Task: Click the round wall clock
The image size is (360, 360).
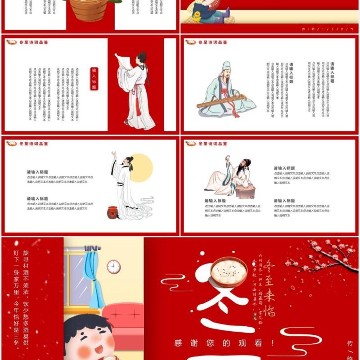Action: (x=113, y=266)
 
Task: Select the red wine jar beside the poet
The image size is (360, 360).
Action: (x=112, y=212)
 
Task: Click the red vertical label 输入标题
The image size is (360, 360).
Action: (x=94, y=78)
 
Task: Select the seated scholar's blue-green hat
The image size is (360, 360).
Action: (x=226, y=67)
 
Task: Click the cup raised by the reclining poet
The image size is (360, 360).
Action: (x=228, y=157)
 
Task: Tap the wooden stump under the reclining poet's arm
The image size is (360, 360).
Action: (x=246, y=191)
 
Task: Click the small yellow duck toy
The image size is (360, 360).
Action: (x=196, y=17)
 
